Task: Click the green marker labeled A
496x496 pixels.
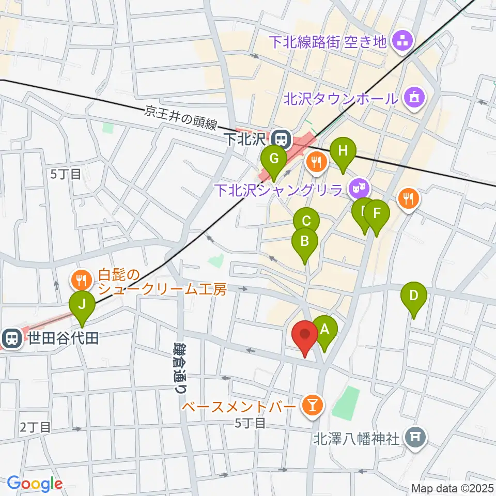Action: point(325,329)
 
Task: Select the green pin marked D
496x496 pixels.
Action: point(414,295)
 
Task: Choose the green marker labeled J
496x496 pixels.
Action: point(82,304)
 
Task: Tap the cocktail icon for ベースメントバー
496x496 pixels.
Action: point(312,404)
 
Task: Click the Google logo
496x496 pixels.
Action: point(35,484)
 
